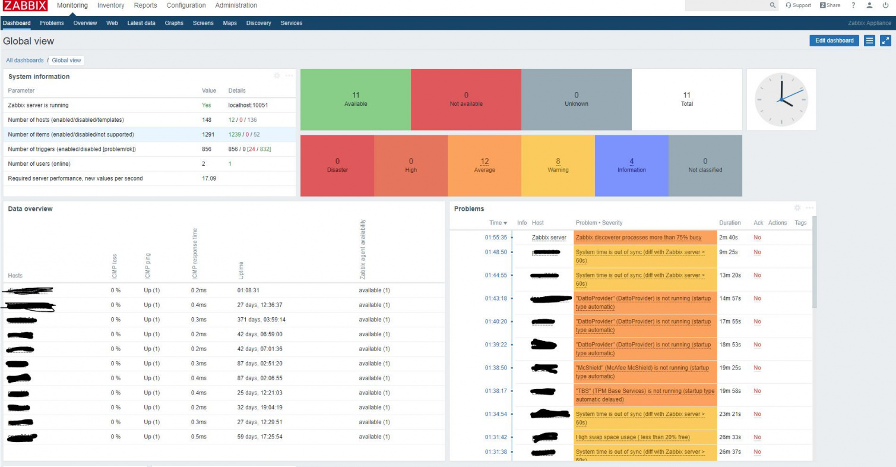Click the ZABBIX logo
coord(25,6)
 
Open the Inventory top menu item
coord(110,5)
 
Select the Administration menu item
coord(236,5)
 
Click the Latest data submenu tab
coord(141,23)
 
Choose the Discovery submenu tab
coord(258,23)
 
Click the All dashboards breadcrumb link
coord(25,60)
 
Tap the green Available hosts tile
coord(356,99)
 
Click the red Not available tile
coord(466,99)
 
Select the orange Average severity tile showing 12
coord(485,166)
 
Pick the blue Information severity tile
coord(631,166)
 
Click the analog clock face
coord(781,99)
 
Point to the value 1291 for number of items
coord(207,134)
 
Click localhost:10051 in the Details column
coord(248,105)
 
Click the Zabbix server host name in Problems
coord(549,238)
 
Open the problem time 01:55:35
coord(496,238)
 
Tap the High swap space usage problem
coord(632,437)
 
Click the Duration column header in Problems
coord(730,223)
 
